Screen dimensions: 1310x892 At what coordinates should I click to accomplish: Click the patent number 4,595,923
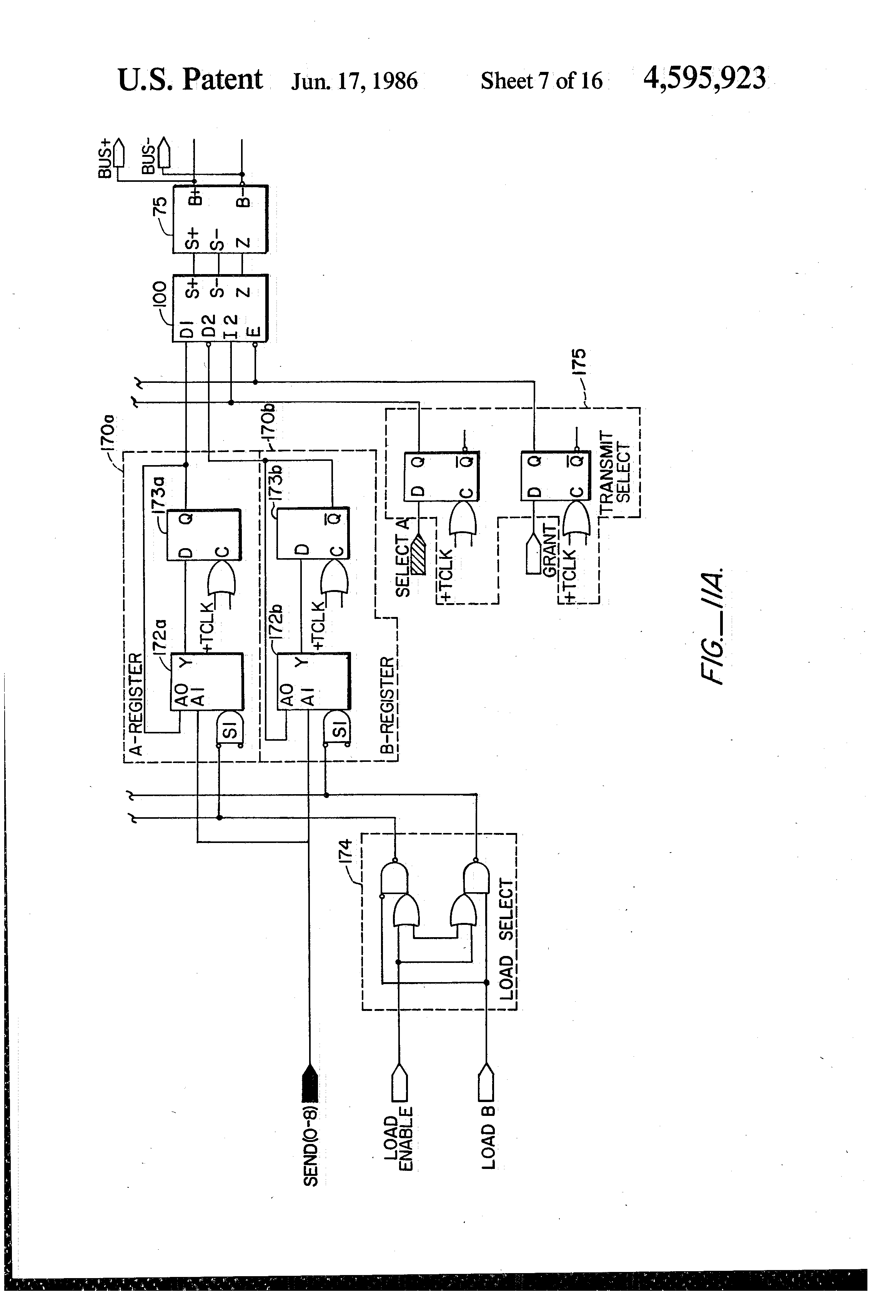pyautogui.click(x=704, y=78)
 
